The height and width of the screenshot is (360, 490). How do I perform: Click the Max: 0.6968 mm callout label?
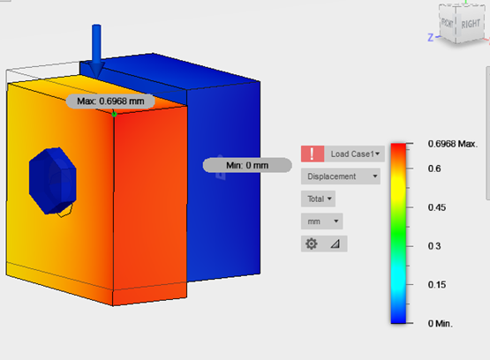click(110, 101)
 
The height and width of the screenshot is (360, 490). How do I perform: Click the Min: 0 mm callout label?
click(246, 165)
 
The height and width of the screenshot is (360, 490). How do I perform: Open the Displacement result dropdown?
click(341, 176)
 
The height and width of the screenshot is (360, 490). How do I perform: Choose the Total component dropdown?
click(318, 199)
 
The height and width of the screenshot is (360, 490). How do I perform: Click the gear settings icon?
click(312, 244)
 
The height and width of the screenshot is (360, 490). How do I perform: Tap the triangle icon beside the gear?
click(335, 244)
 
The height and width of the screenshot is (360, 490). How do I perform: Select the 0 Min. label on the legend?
click(440, 324)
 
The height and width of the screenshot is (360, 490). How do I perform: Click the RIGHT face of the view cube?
click(470, 25)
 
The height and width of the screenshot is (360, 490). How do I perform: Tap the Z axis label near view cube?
click(428, 37)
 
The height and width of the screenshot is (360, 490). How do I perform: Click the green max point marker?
click(115, 112)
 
